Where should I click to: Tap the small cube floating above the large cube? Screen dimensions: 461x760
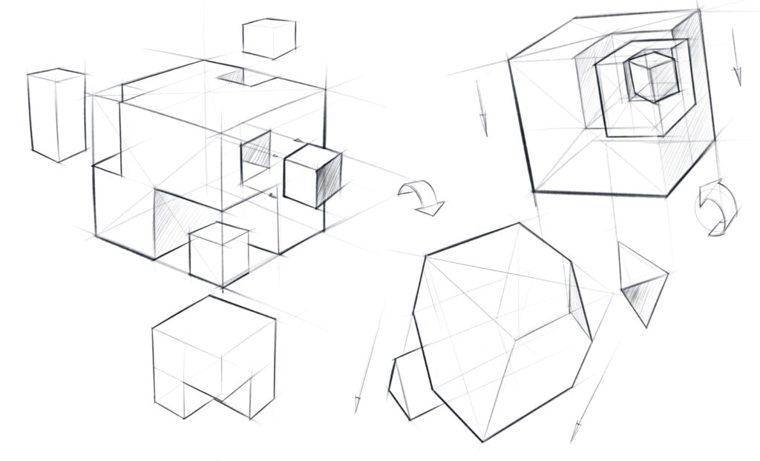(x=269, y=38)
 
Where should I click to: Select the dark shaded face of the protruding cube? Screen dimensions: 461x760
(x=328, y=178)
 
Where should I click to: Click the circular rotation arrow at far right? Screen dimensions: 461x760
(x=716, y=207)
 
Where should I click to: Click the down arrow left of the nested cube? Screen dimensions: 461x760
(x=483, y=122)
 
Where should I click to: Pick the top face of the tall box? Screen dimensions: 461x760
(x=56, y=74)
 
